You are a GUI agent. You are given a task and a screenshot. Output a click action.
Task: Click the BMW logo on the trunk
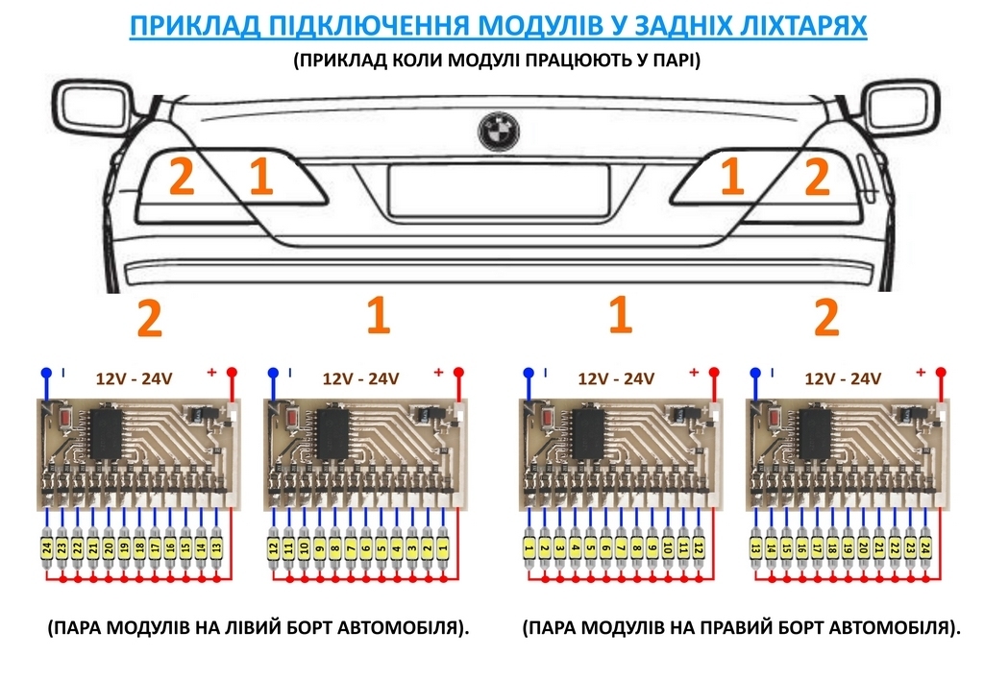tap(498, 131)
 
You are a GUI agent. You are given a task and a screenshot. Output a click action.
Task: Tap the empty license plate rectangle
tap(499, 189)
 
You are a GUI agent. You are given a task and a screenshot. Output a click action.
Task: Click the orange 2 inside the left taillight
tap(182, 178)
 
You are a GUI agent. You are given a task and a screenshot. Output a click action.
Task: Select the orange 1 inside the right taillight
tap(732, 178)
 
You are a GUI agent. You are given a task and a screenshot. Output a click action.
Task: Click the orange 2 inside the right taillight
tap(816, 178)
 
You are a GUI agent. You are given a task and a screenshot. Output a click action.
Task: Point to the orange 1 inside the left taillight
tap(260, 178)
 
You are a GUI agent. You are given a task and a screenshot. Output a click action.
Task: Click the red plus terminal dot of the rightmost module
tap(941, 372)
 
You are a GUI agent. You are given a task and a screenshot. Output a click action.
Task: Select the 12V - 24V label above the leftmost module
tap(134, 378)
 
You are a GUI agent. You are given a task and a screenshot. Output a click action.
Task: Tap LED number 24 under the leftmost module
tap(46, 548)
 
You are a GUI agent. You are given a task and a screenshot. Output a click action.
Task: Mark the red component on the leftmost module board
tap(66, 420)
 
